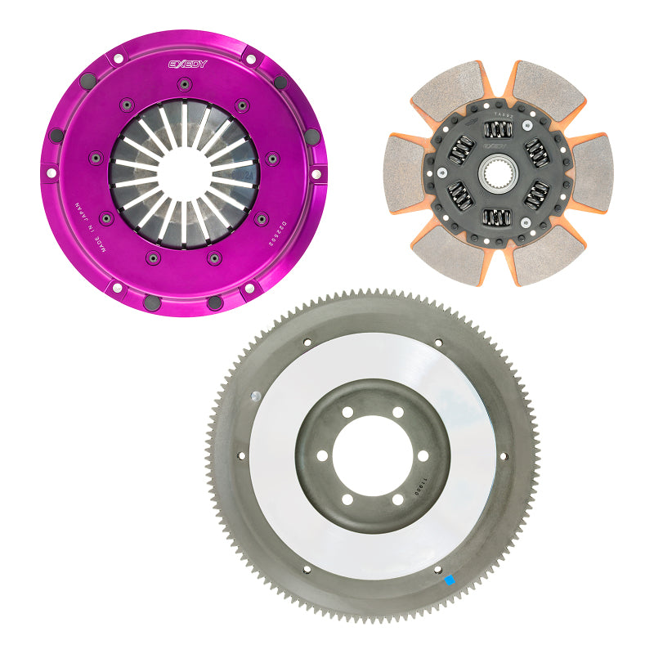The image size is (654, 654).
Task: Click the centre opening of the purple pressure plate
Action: [x=184, y=174]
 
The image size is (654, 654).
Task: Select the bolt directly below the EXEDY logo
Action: [x=185, y=83]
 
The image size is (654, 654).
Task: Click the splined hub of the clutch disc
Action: [x=496, y=173]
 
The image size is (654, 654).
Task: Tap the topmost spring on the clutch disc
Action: [x=497, y=129]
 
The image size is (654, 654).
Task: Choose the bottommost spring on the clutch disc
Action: [x=497, y=217]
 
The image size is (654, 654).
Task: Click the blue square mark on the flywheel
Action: [x=448, y=580]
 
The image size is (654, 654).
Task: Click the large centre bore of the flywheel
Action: [x=373, y=455]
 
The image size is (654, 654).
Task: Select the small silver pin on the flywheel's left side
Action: [x=256, y=396]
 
